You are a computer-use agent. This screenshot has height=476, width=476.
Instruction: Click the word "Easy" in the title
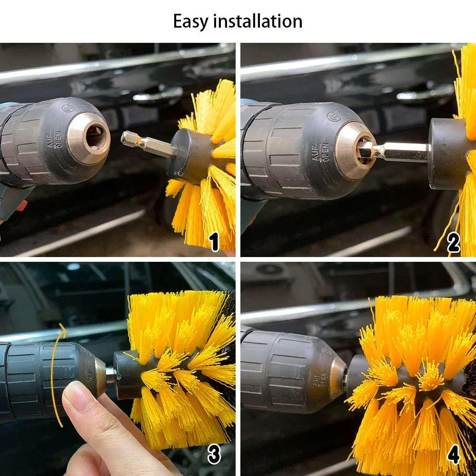191,21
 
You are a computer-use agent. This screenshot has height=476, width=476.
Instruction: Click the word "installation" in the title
258,21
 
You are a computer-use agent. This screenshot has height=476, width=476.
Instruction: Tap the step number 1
214,242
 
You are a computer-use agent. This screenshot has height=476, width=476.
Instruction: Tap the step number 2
454,243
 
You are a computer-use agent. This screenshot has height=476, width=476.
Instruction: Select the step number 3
214,455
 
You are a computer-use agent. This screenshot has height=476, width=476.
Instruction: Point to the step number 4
454,455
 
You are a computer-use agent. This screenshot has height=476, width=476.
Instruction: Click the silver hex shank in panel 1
149,144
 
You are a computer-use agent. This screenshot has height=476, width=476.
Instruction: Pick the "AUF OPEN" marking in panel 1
55,139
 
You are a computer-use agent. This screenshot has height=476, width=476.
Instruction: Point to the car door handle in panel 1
158,95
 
